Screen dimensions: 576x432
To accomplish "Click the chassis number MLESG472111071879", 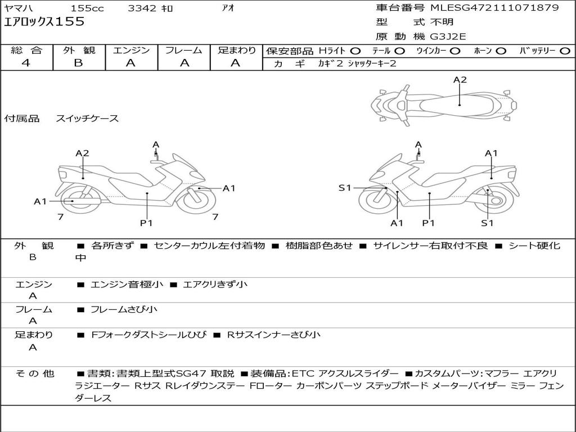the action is pyautogui.click(x=494, y=8).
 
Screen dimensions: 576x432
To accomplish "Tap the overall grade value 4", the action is pyautogui.click(x=26, y=63).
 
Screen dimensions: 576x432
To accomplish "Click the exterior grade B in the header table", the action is pyautogui.click(x=78, y=63).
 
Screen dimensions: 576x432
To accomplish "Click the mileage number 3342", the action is pyautogui.click(x=143, y=8).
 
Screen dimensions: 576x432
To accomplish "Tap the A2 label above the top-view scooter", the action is pyautogui.click(x=460, y=80).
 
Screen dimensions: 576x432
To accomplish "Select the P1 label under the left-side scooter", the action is pyautogui.click(x=146, y=223).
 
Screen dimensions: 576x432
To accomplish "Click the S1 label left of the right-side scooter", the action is pyautogui.click(x=345, y=188).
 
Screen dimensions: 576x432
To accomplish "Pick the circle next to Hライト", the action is pyautogui.click(x=355, y=51).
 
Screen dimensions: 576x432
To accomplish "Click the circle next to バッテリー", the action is pyautogui.click(x=565, y=51).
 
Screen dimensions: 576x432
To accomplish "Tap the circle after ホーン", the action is pyautogui.click(x=501, y=51).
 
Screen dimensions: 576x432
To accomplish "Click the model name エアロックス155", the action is pyautogui.click(x=44, y=22).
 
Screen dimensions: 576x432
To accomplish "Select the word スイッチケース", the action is pyautogui.click(x=87, y=119).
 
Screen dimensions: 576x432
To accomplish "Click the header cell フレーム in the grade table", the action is pyautogui.click(x=184, y=50).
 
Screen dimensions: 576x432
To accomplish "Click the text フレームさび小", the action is pyautogui.click(x=124, y=309).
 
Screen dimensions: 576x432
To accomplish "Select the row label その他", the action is pyautogui.click(x=34, y=373).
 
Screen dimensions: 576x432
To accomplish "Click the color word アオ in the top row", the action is pyautogui.click(x=228, y=8).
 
